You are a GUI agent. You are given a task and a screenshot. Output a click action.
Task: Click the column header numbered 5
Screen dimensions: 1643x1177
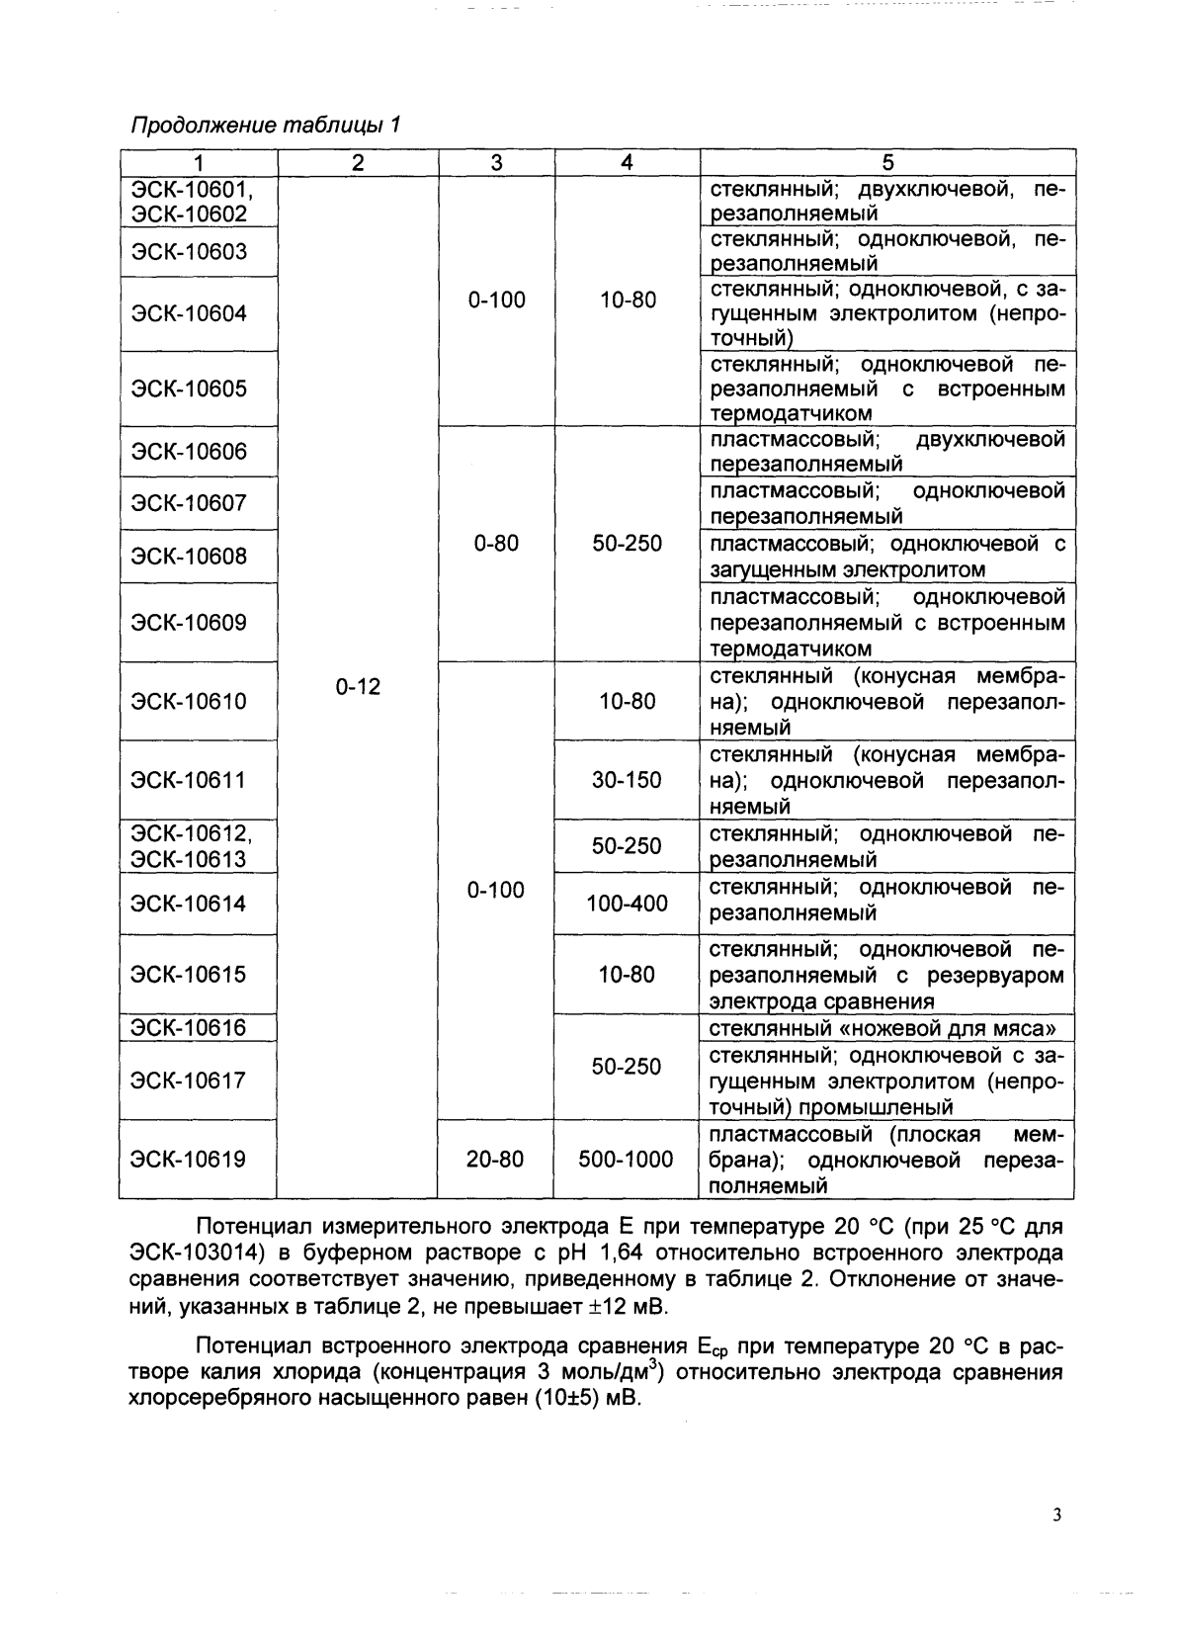(x=886, y=163)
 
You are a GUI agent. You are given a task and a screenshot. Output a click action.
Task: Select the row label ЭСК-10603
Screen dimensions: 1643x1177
(x=189, y=252)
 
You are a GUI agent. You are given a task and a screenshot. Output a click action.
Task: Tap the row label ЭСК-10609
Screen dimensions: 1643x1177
(x=189, y=623)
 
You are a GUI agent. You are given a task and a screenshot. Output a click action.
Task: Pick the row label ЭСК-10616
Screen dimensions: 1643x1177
(x=189, y=1027)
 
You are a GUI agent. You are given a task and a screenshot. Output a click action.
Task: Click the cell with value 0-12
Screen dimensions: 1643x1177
(x=358, y=686)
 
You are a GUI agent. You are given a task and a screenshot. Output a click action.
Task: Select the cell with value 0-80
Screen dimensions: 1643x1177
(x=496, y=544)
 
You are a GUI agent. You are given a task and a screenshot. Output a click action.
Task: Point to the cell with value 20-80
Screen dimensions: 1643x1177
(x=495, y=1160)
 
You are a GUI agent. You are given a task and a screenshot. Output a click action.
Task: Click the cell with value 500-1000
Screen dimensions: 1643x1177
(x=627, y=1160)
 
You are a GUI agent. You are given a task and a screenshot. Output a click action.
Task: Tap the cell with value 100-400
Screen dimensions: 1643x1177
(x=627, y=903)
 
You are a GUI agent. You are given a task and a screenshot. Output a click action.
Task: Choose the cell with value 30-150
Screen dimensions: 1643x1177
(x=627, y=780)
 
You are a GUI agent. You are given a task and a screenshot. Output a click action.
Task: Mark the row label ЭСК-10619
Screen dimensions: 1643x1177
(x=189, y=1160)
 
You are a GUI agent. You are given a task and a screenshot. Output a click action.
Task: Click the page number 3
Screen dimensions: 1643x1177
(x=1056, y=1515)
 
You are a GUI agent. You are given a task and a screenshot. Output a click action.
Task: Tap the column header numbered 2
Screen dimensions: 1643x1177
(x=358, y=163)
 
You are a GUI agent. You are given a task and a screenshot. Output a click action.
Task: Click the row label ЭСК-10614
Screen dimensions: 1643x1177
(x=189, y=903)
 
